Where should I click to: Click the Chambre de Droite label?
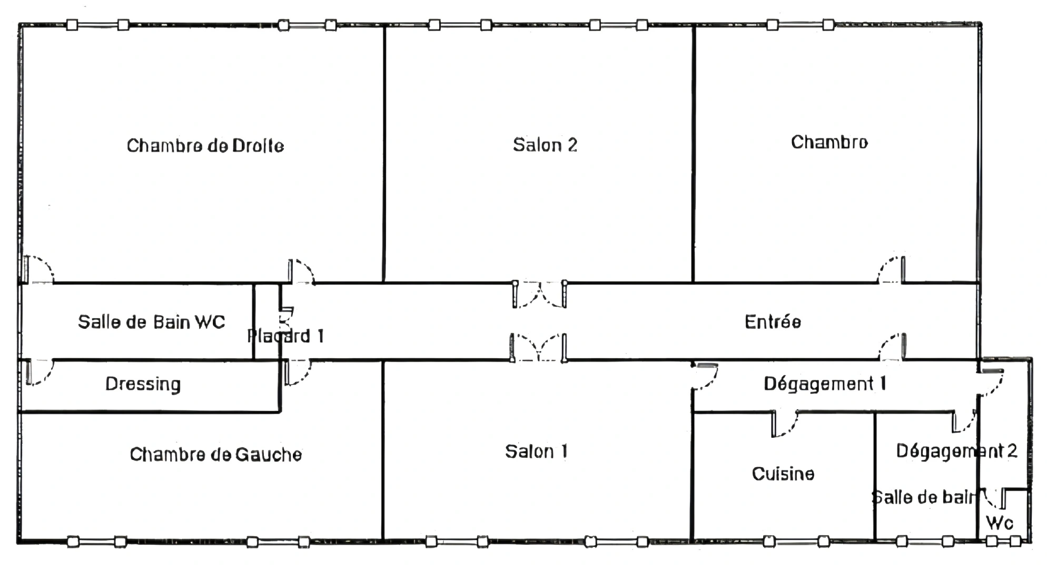pos(205,145)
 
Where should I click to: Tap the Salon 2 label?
pos(545,145)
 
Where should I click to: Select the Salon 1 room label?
pos(536,452)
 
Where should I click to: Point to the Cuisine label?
pos(783,474)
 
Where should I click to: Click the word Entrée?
pos(773,322)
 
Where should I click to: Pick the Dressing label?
pos(143,384)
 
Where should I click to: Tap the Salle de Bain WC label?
pos(152,322)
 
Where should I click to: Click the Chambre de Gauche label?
pos(216,454)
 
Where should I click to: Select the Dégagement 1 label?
pos(825,384)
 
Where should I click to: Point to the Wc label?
pos(999,523)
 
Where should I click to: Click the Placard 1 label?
pos(285,336)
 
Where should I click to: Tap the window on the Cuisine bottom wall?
pos(795,541)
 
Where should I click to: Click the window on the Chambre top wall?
pos(800,25)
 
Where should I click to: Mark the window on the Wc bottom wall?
pos(1003,541)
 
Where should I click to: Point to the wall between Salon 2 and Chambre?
pos(694,153)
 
